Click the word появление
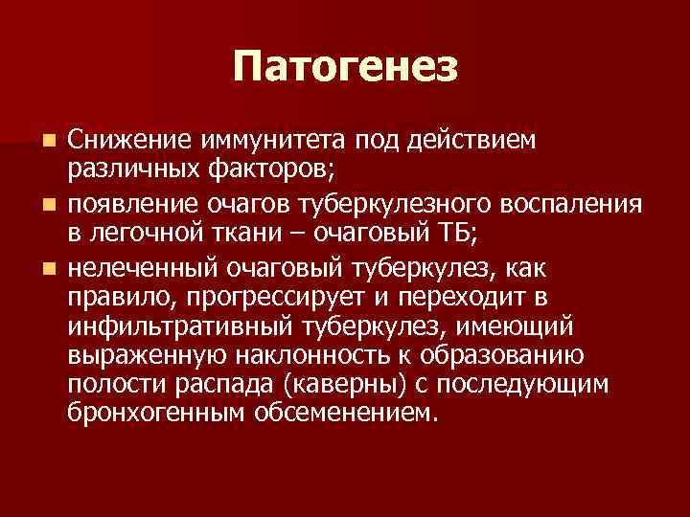coord(127,202)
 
